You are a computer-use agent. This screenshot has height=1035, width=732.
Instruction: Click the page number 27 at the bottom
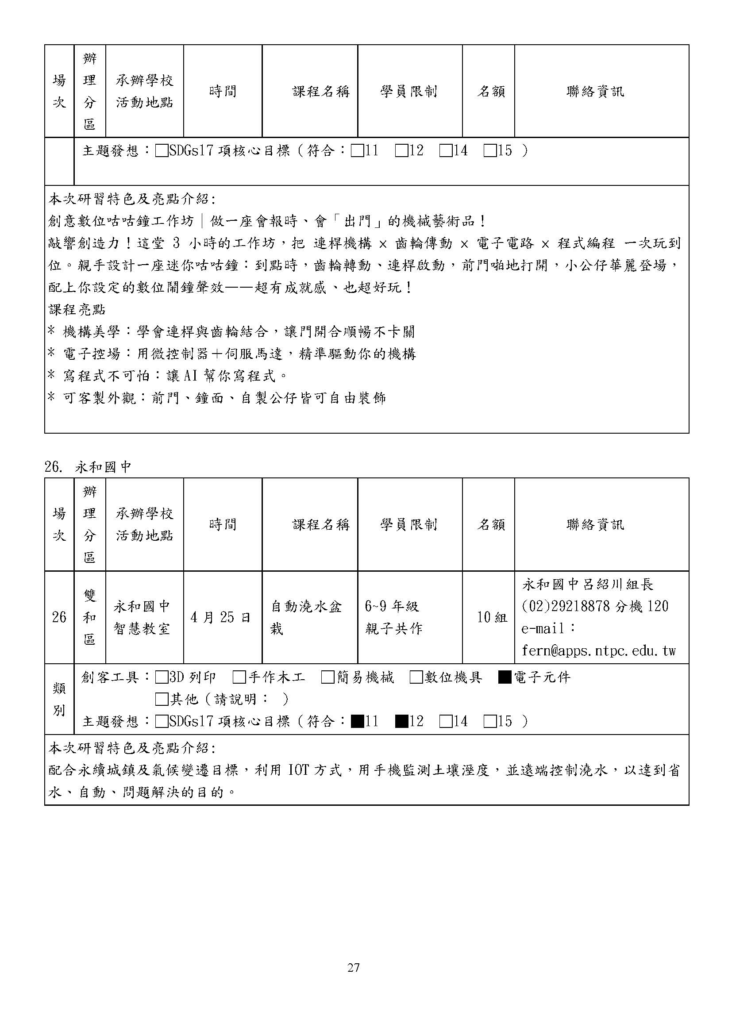(353, 967)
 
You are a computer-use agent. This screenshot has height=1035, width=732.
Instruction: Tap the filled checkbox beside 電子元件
(504, 677)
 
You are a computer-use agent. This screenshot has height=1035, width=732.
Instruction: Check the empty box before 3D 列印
(161, 677)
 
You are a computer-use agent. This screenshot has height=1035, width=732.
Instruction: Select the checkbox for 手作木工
(240, 677)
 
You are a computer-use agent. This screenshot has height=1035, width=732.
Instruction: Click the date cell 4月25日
(220, 617)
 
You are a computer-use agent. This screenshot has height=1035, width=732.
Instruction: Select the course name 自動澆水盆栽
(306, 617)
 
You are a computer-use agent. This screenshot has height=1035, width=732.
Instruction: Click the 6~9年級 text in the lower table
(392, 606)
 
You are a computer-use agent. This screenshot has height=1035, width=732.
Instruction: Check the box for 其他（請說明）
(161, 700)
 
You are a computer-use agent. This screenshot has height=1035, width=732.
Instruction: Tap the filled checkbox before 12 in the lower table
(401, 722)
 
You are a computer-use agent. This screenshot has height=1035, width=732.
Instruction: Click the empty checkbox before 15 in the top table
(489, 150)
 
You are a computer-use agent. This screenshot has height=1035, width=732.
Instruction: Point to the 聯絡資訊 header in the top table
(595, 92)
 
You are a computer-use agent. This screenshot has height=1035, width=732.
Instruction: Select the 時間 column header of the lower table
(223, 524)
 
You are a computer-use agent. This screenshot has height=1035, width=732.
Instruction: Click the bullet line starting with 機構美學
(231, 332)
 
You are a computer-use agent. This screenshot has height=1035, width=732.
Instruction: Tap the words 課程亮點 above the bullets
(77, 310)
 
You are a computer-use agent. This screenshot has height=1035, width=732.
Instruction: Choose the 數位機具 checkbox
(416, 677)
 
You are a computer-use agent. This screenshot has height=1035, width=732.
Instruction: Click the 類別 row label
(59, 699)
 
